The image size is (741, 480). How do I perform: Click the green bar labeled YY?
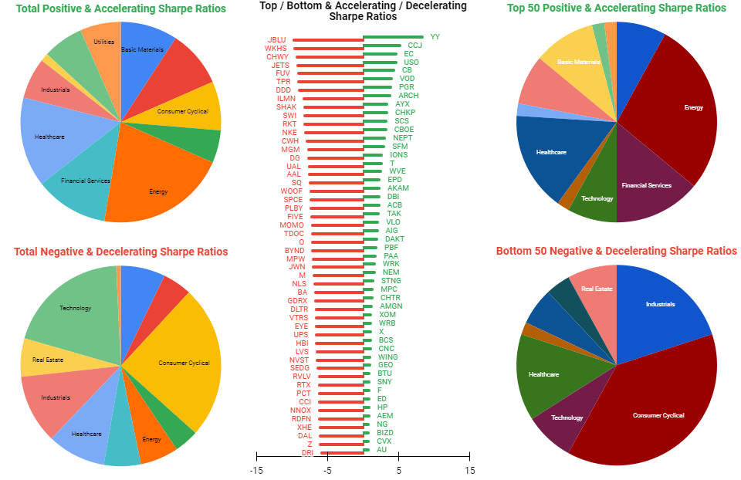coord(393,36)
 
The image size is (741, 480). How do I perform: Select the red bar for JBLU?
coord(328,39)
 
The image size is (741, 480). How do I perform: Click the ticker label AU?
coord(381,449)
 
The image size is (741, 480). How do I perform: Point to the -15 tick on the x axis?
coord(256,470)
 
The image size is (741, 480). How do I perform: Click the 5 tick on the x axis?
coord(399,470)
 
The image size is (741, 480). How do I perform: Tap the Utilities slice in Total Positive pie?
coord(103,42)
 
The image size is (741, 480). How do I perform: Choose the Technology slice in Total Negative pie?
coord(75,308)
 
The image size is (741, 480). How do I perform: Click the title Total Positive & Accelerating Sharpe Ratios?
coord(120,8)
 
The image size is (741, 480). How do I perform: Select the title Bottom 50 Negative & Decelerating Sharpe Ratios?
coord(616,251)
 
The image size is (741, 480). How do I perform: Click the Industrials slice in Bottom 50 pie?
coord(660,304)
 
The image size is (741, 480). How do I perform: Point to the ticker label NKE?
coord(289,132)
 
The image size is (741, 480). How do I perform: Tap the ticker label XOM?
coord(387,315)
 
